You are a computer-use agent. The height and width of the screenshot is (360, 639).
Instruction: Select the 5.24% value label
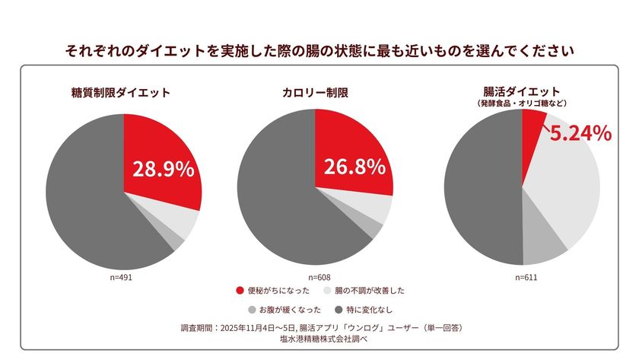point(580,133)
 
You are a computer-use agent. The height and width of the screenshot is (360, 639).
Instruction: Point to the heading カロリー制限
point(314,93)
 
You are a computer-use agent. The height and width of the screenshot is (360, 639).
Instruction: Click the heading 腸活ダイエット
point(521,91)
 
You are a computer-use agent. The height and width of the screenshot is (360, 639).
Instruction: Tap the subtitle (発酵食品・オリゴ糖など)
point(521,103)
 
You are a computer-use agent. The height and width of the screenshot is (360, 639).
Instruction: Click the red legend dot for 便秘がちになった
point(240,291)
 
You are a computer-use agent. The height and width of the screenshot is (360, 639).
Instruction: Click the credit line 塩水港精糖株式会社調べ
point(319,339)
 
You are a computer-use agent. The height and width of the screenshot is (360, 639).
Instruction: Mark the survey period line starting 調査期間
point(319,328)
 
